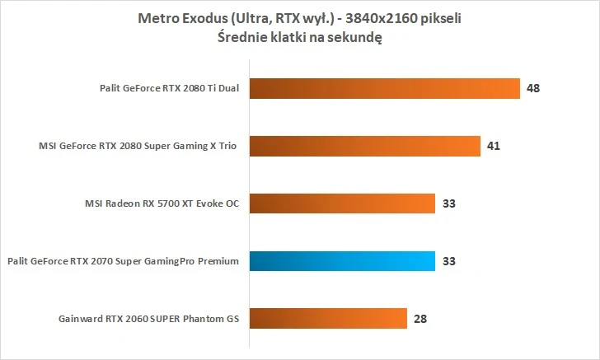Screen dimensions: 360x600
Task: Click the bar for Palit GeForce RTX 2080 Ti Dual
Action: pyautogui.click(x=383, y=88)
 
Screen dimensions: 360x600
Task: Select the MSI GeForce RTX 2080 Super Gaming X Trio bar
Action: pyautogui.click(x=363, y=146)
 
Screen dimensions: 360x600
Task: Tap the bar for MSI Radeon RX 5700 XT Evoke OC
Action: pyautogui.click(x=340, y=203)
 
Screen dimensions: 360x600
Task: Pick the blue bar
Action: pyautogui.click(x=340, y=261)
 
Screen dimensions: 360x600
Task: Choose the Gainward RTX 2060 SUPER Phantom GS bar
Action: pyautogui.click(x=326, y=318)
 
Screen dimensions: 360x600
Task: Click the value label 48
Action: pyautogui.click(x=533, y=88)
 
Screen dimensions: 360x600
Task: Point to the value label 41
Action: pyautogui.click(x=494, y=146)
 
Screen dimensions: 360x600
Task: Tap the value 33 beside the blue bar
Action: pyautogui.click(x=448, y=261)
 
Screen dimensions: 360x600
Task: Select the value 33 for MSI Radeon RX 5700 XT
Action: pyautogui.click(x=448, y=203)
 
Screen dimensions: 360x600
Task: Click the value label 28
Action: pyautogui.click(x=420, y=318)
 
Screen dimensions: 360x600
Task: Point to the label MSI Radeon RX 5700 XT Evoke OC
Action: pyautogui.click(x=162, y=204)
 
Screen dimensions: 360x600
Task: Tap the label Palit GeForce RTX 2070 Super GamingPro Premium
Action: pyautogui.click(x=123, y=262)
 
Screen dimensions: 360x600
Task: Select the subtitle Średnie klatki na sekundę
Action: pyautogui.click(x=300, y=36)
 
